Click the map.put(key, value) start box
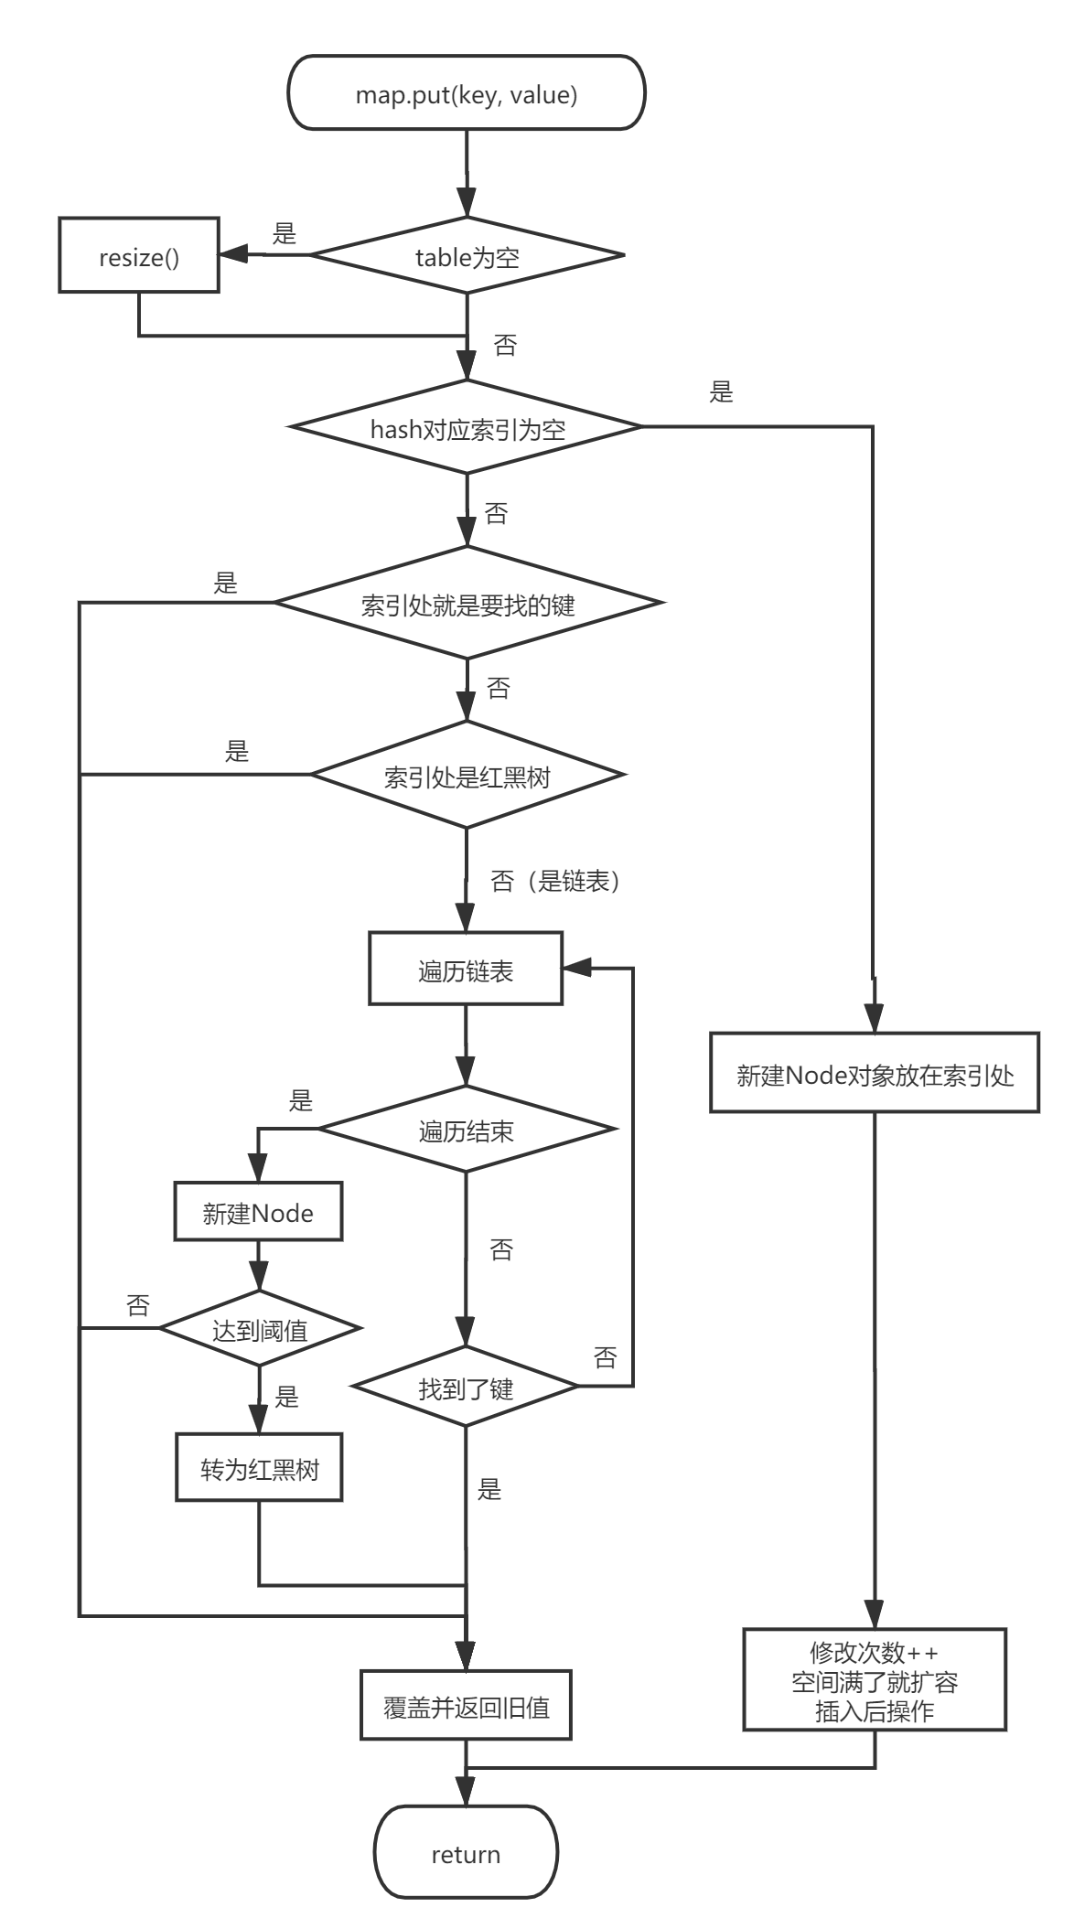tap(466, 93)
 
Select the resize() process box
tap(139, 256)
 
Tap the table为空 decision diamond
tap(467, 256)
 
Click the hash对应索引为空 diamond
tap(467, 428)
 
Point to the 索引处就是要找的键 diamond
tap(467, 604)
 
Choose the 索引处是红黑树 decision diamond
tap(467, 776)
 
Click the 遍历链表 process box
tap(466, 970)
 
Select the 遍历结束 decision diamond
tap(467, 1131)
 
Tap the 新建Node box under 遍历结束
tap(258, 1213)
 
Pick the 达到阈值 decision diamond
tap(260, 1329)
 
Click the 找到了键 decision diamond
tap(467, 1388)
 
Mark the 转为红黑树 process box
tap(260, 1469)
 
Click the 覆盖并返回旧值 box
tap(466, 1706)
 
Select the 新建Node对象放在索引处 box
tap(875, 1074)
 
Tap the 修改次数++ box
tap(875, 1680)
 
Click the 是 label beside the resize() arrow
tap(285, 234)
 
